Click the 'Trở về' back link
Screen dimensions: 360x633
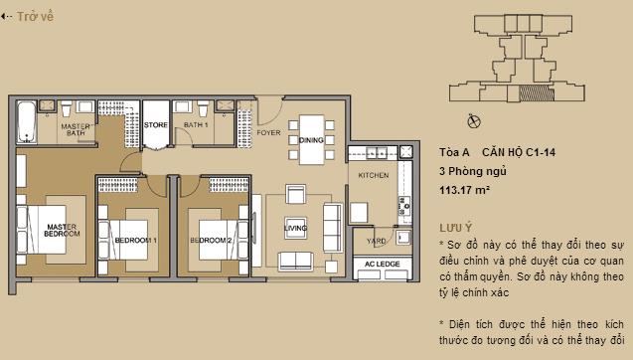[30, 16]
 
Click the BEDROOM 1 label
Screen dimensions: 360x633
[135, 241]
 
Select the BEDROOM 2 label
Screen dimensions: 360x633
[211, 241]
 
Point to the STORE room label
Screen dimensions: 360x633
[155, 125]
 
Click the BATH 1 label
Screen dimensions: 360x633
[195, 125]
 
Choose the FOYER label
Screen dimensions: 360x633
[268, 131]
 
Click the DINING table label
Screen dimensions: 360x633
[311, 141]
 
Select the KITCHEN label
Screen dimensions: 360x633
[374, 175]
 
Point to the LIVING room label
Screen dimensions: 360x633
[296, 228]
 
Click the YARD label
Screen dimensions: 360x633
[377, 241]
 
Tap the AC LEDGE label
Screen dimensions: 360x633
[382, 264]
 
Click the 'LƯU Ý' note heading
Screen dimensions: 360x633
[455, 228]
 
